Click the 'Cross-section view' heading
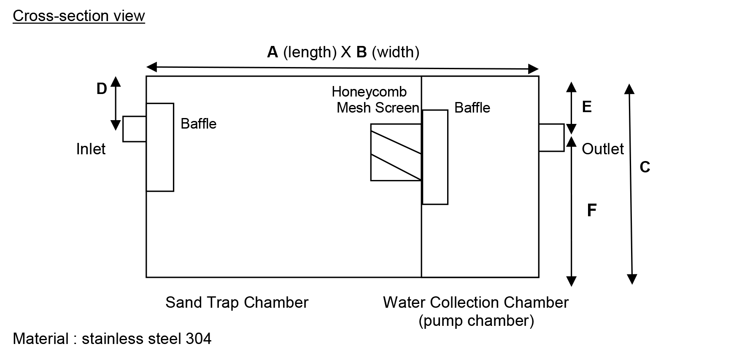[x=79, y=16]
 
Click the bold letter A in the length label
[x=272, y=52]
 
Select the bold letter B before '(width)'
[x=362, y=52]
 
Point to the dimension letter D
[x=102, y=89]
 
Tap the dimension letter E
[x=587, y=107]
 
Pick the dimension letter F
[x=592, y=210]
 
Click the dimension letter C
[x=645, y=167]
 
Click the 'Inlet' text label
[x=91, y=149]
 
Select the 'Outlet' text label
[x=602, y=149]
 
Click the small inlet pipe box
[x=135, y=129]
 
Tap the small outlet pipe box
[x=551, y=137]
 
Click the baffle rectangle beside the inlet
[x=160, y=147]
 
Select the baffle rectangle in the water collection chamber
[x=435, y=157]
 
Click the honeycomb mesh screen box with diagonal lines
[x=396, y=152]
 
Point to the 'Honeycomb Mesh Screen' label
[x=375, y=100]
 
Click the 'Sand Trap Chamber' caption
[x=237, y=303]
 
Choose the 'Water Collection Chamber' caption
[x=476, y=303]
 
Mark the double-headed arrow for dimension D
[x=116, y=103]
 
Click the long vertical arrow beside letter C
[x=631, y=183]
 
